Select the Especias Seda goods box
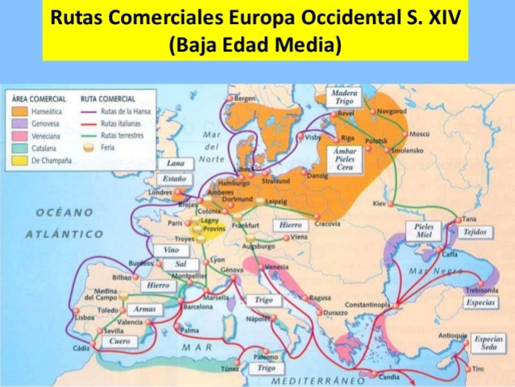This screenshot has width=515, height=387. (x=488, y=343)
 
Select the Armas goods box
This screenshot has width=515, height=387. (x=144, y=309)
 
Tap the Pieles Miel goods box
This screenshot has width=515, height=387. (x=424, y=232)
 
